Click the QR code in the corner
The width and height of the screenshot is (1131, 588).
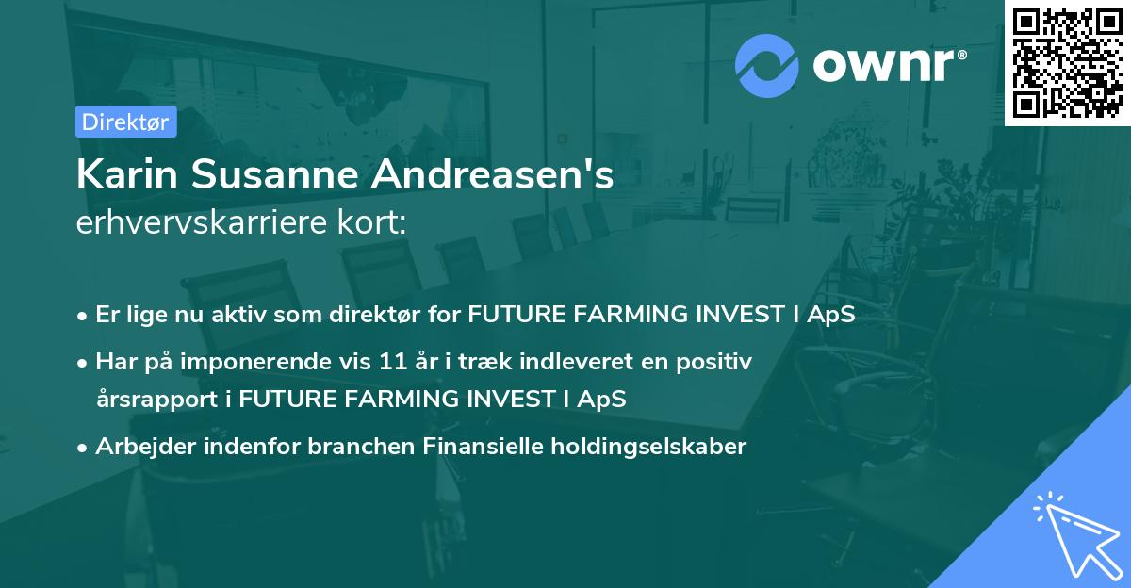pos(1067,62)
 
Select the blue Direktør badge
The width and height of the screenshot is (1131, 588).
pos(125,122)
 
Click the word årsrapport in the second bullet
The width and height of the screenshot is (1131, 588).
pos(156,399)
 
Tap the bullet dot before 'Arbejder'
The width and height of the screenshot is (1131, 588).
pos(83,448)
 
